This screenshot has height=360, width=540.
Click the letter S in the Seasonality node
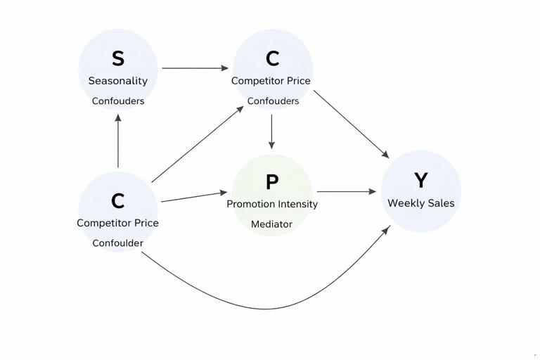[x=118, y=58]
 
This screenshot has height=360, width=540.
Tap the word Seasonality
[x=118, y=81]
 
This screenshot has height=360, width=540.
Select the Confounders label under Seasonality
[x=118, y=101]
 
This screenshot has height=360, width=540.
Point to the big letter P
[x=272, y=182]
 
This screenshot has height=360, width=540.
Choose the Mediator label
[x=272, y=224]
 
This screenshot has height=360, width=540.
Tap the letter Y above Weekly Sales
[x=420, y=181]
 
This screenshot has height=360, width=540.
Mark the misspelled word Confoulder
[x=118, y=243]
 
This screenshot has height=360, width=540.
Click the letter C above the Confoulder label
[x=118, y=201]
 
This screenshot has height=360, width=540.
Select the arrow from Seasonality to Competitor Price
[x=195, y=68]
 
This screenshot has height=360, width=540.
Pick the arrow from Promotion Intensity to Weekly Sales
[x=347, y=191]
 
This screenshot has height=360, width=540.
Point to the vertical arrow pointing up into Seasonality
[x=118, y=141]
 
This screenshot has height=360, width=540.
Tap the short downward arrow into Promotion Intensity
[x=271, y=131]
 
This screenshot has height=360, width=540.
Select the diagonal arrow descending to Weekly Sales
[x=351, y=124]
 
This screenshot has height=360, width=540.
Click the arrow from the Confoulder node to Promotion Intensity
[x=194, y=197]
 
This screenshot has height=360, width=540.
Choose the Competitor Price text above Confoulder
[x=118, y=223]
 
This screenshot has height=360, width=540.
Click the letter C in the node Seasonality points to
[x=272, y=58]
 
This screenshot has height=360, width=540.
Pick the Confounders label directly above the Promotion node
[x=273, y=101]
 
